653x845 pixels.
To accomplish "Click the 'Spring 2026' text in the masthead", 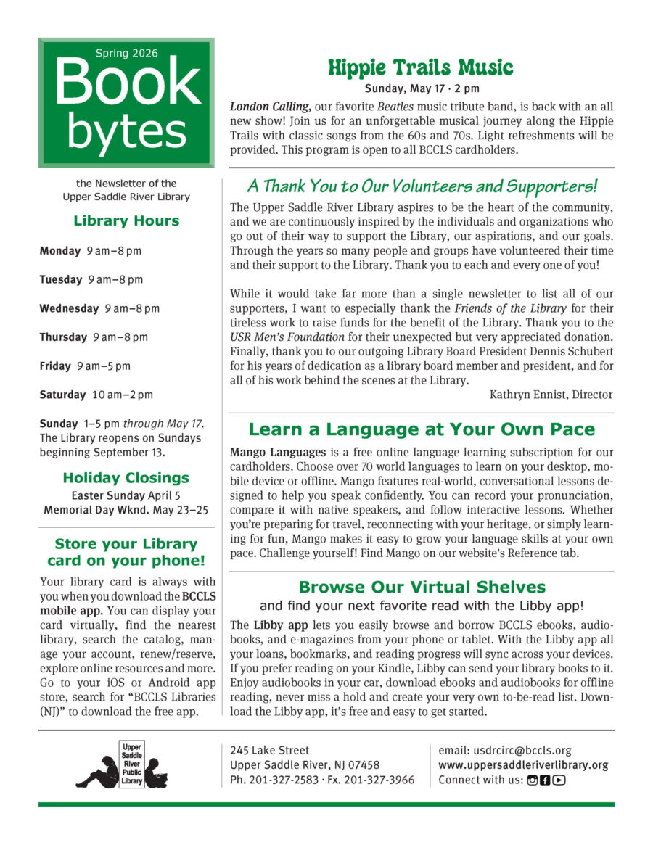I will (126, 53).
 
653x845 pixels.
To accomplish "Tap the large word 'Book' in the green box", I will (126, 83).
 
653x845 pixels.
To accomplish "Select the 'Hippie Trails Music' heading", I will (421, 68).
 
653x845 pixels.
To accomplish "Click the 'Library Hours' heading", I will (126, 220).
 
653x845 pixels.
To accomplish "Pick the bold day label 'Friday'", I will (55, 366).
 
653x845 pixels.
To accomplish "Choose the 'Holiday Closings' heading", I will (126, 478).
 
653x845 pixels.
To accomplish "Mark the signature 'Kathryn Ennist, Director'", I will (551, 395).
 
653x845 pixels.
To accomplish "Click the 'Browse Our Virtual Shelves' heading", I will (422, 587).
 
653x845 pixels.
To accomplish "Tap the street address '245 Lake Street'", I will (269, 750).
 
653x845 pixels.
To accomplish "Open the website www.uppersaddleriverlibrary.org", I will (523, 764).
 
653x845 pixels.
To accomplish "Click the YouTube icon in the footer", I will (559, 780).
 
